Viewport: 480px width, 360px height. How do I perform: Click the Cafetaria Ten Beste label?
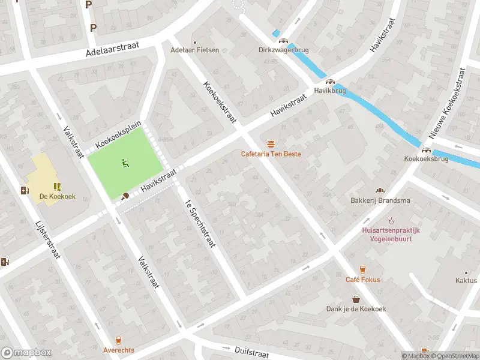pos(271,154)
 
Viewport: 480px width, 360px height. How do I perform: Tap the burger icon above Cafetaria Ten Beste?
pos(271,143)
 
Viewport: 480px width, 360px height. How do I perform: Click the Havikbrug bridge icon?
pos(329,82)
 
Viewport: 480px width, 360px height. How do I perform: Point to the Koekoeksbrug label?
pos(427,160)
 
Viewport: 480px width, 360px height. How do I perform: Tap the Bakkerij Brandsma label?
pos(380,200)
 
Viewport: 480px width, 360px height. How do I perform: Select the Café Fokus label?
pos(362,280)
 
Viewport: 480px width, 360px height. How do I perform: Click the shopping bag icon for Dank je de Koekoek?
pos(356,299)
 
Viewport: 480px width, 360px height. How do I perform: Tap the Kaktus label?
pos(466,280)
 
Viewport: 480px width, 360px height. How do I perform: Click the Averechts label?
pos(118,350)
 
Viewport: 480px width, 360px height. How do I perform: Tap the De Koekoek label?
pos(58,196)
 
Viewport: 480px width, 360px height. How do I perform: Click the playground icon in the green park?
pos(125,162)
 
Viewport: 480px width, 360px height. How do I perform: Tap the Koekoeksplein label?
pos(118,134)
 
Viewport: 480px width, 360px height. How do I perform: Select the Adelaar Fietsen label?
pos(196,50)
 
